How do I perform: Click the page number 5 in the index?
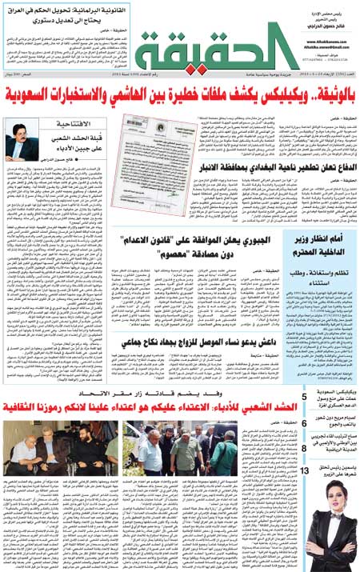click(304, 398)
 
